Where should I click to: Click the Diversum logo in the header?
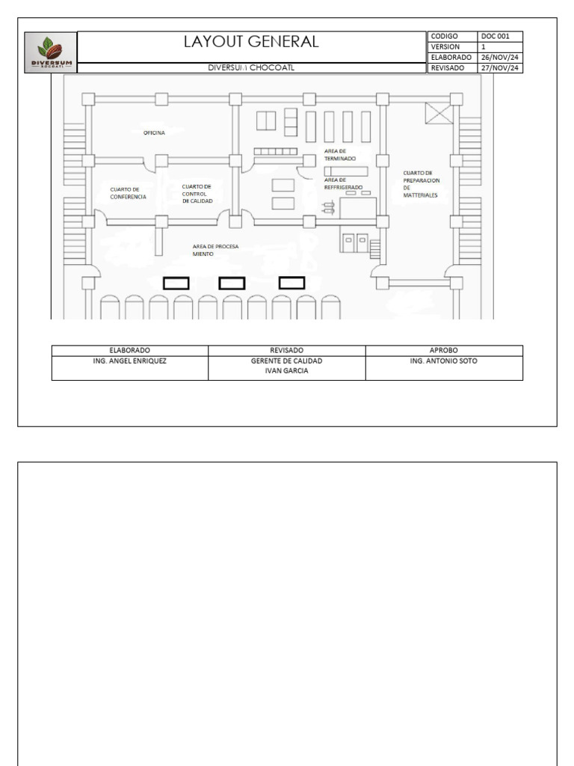click(51, 53)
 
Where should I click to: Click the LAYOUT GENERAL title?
click(251, 42)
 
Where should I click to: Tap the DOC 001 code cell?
click(500, 36)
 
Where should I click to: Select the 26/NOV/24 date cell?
click(500, 58)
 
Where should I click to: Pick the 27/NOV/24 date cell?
click(500, 68)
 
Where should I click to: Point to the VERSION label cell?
click(452, 47)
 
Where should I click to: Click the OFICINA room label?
click(154, 133)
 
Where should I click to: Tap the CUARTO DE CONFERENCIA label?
click(128, 194)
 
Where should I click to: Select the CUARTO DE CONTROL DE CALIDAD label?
click(197, 194)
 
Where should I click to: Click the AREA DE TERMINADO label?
click(340, 155)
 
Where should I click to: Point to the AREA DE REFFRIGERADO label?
click(343, 184)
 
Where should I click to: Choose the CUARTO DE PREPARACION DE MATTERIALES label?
click(422, 184)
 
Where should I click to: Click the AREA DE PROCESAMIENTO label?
click(216, 251)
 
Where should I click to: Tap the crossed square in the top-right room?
click(439, 114)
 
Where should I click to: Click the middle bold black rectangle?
click(232, 284)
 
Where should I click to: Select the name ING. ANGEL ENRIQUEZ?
click(130, 361)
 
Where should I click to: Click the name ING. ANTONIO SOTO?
click(444, 361)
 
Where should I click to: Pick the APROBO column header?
click(444, 350)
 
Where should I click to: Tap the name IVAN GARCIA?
click(286, 371)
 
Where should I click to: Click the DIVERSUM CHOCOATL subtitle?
click(251, 68)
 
